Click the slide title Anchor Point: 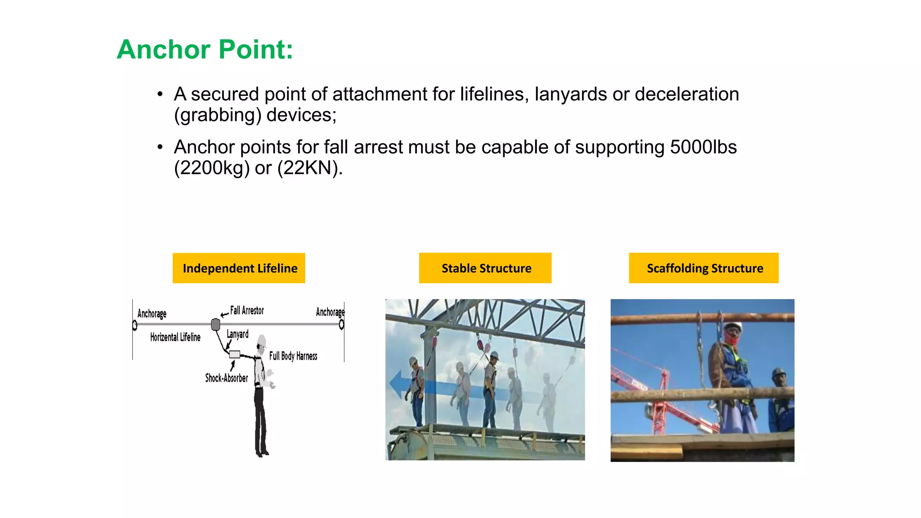pyautogui.click(x=205, y=49)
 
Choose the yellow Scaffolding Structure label pyautogui.click(x=704, y=268)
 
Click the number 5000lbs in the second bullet pyautogui.click(x=703, y=147)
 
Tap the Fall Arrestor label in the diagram pyautogui.click(x=247, y=310)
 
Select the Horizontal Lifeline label pyautogui.click(x=175, y=337)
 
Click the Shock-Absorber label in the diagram pyautogui.click(x=226, y=378)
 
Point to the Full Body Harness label pyautogui.click(x=293, y=356)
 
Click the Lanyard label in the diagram pyautogui.click(x=237, y=334)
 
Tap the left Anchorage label pyautogui.click(x=152, y=313)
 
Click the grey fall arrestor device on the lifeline pyautogui.click(x=215, y=324)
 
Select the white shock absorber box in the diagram pyautogui.click(x=234, y=354)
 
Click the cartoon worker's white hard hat pyautogui.click(x=262, y=340)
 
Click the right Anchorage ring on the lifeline pyautogui.click(x=341, y=324)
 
